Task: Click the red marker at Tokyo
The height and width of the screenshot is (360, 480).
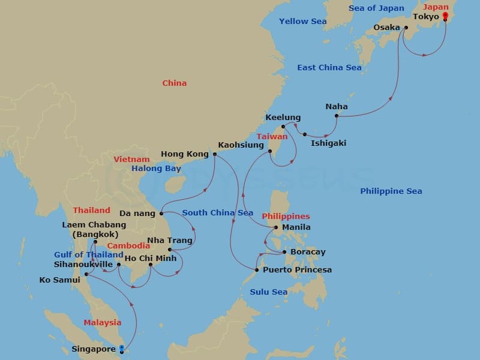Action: (x=445, y=16)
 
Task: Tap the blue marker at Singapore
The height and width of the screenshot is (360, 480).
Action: (x=121, y=348)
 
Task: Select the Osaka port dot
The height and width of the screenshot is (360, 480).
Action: (x=406, y=28)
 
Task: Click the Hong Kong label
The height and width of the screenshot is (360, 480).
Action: (x=184, y=154)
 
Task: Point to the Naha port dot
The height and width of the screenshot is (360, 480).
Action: (x=337, y=116)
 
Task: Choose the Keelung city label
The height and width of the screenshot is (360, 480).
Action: (x=283, y=118)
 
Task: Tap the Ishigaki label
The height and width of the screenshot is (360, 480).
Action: (x=328, y=143)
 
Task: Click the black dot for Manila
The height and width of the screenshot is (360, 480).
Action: (x=276, y=227)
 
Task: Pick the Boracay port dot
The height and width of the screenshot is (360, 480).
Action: (x=284, y=253)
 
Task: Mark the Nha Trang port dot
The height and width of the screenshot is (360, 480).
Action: (x=170, y=250)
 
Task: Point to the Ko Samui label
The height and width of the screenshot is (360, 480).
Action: (x=59, y=280)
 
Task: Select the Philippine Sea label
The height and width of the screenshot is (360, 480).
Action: (x=391, y=191)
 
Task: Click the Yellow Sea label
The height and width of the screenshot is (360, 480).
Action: (x=302, y=22)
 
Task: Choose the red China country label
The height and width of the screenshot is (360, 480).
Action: (x=174, y=83)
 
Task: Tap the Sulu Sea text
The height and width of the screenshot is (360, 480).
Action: (x=268, y=292)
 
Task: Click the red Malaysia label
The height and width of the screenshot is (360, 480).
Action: (x=102, y=323)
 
